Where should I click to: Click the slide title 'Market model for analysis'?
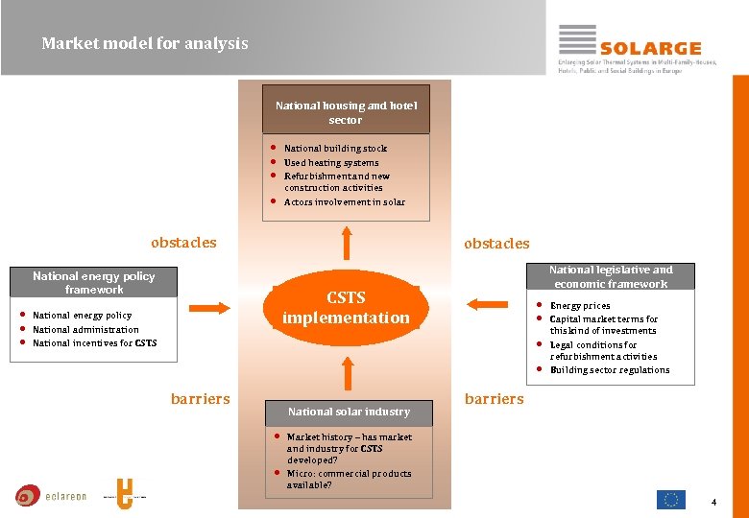click(145, 43)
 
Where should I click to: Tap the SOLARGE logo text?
click(650, 48)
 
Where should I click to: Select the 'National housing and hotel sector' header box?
click(346, 113)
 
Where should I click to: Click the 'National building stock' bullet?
click(335, 149)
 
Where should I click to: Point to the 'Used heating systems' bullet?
click(331, 162)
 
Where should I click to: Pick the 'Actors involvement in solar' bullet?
click(344, 202)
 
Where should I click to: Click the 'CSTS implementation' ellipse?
click(346, 308)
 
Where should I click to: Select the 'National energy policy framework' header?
click(93, 282)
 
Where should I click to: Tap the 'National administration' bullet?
click(85, 329)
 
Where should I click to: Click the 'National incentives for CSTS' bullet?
click(94, 342)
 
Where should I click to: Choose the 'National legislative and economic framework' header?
click(611, 277)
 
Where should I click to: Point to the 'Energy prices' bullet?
click(580, 306)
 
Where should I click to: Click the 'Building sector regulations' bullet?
click(610, 370)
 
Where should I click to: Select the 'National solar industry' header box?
click(349, 412)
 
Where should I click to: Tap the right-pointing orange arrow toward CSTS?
click(209, 307)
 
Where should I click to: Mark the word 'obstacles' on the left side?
click(183, 243)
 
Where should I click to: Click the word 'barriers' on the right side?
click(495, 398)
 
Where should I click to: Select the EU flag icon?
click(671, 500)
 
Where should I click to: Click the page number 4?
click(713, 503)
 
